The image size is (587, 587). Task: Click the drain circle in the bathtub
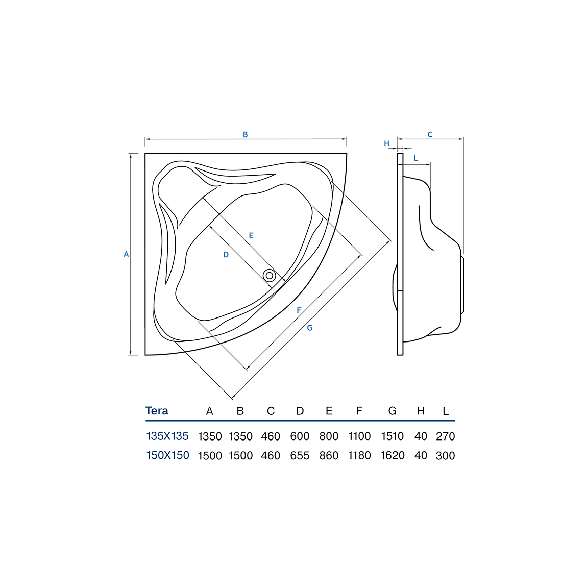(x=269, y=276)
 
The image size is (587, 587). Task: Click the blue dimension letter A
(x=126, y=254)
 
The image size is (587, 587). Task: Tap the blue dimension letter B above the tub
(x=245, y=134)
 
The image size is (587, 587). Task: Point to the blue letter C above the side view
(x=430, y=134)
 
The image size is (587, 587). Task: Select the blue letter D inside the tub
(x=226, y=255)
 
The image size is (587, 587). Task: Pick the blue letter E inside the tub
(x=251, y=235)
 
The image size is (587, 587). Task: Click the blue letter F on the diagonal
(x=299, y=310)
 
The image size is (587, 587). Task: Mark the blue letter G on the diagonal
(x=310, y=328)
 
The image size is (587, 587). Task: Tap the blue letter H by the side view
(x=387, y=143)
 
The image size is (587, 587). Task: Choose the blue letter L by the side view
(x=415, y=158)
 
